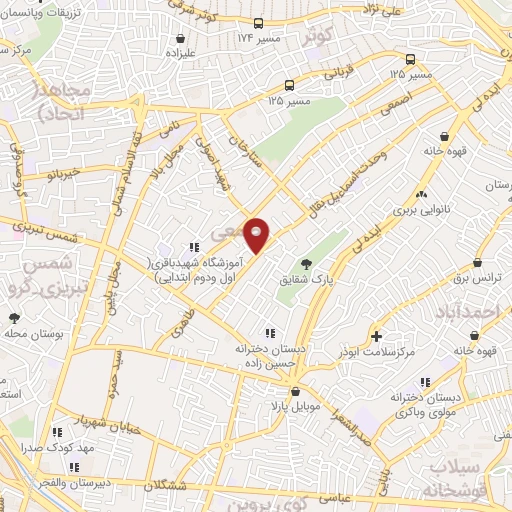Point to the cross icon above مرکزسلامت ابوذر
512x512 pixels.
[x=377, y=336]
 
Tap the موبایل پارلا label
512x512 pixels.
[x=277, y=406]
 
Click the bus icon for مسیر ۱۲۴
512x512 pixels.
[x=258, y=23]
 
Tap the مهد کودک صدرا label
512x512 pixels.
[x=90, y=449]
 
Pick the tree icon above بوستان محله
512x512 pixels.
[x=14, y=319]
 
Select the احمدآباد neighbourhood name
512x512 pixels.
[x=471, y=314]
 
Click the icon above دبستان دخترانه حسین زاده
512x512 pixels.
[x=268, y=332]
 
